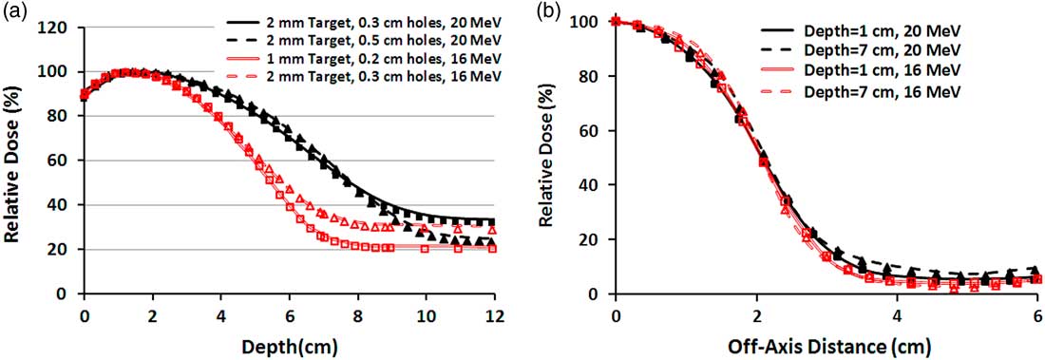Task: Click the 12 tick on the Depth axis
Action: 495,311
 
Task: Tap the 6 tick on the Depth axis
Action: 290,311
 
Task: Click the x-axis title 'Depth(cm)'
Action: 290,340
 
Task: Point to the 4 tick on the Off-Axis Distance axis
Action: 898,311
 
